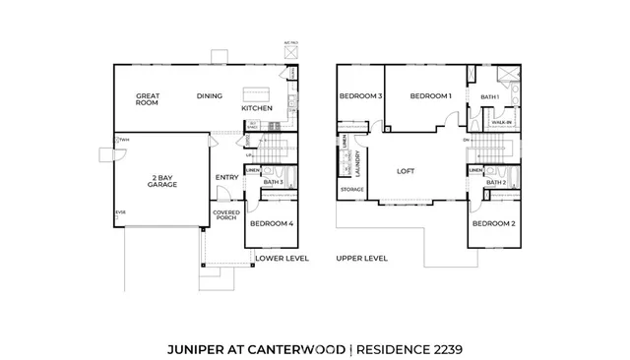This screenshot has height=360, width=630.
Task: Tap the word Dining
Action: (x=209, y=96)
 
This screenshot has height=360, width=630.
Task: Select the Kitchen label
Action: (x=257, y=107)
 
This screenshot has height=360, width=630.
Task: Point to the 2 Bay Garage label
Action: (x=162, y=181)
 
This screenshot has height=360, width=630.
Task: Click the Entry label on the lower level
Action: (x=226, y=178)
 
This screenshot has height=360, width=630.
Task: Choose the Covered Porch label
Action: (x=226, y=214)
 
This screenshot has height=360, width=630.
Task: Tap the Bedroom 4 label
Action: (x=271, y=224)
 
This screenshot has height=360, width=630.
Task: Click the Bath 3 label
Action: (x=274, y=182)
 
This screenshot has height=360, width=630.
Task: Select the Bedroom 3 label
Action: (x=360, y=96)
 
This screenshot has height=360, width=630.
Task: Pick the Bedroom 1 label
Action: (x=430, y=96)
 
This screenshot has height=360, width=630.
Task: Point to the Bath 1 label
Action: (x=490, y=97)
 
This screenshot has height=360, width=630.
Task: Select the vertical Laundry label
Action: (x=357, y=161)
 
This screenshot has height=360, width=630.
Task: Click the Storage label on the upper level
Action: (x=351, y=190)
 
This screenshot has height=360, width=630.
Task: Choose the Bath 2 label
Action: (x=496, y=183)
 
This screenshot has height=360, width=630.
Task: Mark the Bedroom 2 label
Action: (x=493, y=224)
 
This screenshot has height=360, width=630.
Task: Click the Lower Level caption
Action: (x=282, y=258)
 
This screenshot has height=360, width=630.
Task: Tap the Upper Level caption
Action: (x=361, y=258)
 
